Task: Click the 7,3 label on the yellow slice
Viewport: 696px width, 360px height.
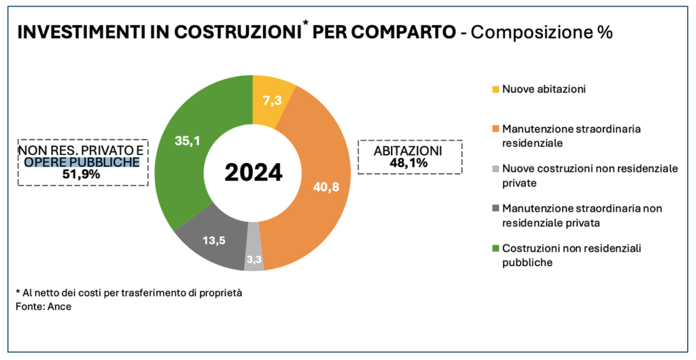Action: [273, 101]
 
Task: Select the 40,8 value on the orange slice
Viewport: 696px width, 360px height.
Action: [326, 187]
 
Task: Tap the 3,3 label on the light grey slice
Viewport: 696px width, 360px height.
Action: [254, 259]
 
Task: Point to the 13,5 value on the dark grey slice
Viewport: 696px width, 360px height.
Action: [212, 240]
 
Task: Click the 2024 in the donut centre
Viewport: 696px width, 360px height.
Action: [253, 173]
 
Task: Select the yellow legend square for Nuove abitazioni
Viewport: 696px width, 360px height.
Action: [495, 89]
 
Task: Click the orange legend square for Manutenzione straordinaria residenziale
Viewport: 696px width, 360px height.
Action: [495, 128]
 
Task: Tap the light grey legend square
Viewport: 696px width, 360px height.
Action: [495, 168]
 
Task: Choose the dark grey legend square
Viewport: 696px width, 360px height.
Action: [495, 207]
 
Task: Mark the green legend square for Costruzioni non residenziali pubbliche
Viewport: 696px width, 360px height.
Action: [495, 249]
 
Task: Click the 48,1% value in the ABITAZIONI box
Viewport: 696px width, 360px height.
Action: [408, 163]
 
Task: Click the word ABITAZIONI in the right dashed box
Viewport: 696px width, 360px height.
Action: [408, 150]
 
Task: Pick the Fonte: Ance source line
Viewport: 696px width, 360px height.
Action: [43, 307]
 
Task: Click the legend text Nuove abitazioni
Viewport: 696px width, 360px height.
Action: [544, 89]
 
